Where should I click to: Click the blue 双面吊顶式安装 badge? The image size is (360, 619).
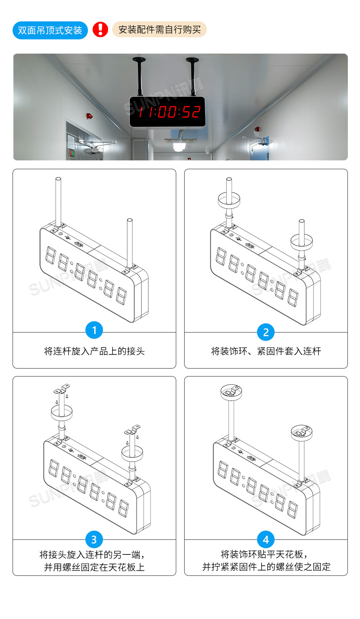pyautogui.click(x=50, y=31)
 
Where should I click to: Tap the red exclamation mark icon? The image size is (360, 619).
pyautogui.click(x=100, y=30)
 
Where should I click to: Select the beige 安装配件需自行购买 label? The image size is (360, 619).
pyautogui.click(x=159, y=30)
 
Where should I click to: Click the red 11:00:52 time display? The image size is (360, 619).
pyautogui.click(x=169, y=112)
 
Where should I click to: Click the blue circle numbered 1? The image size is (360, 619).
pyautogui.click(x=94, y=330)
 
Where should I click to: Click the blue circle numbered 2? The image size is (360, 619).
pyautogui.click(x=266, y=332)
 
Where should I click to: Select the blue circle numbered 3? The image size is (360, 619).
pyautogui.click(x=94, y=539)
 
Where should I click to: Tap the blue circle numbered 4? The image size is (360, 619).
pyautogui.click(x=266, y=539)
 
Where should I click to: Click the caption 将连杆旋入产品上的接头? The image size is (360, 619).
pyautogui.click(x=94, y=351)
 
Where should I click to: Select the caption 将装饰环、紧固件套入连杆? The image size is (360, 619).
pyautogui.click(x=266, y=351)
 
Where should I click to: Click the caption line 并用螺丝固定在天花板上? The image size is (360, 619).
pyautogui.click(x=94, y=567)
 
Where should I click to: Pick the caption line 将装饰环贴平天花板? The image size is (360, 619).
pyautogui.click(x=264, y=555)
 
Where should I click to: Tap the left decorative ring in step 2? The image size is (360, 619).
pyautogui.click(x=229, y=199)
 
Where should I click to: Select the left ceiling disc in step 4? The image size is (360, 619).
pyautogui.click(x=231, y=392)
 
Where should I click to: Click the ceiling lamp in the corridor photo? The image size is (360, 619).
pyautogui.click(x=180, y=146)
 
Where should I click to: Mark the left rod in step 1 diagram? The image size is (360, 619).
pyautogui.click(x=59, y=201)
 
